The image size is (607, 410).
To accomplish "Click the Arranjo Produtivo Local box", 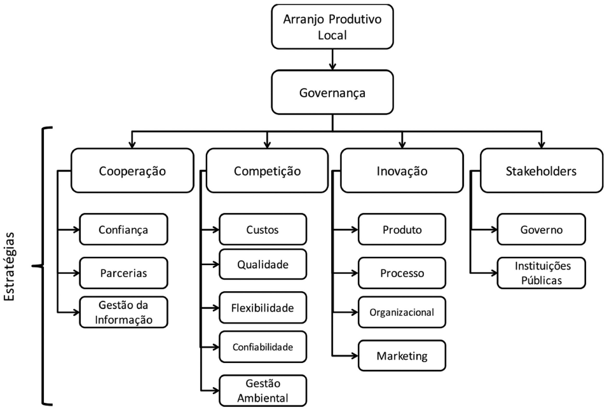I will [x=332, y=27].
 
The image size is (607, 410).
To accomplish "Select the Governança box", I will [x=332, y=93].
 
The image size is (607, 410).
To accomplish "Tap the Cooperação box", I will [x=132, y=170].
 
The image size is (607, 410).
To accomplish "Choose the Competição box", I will [x=268, y=170].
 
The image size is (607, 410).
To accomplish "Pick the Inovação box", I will [x=402, y=170].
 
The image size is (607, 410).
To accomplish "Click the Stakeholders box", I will [x=541, y=170].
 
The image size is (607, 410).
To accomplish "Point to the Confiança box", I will [x=123, y=229].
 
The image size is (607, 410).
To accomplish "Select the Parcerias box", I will [x=123, y=273].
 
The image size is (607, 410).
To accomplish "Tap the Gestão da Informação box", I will [x=123, y=311].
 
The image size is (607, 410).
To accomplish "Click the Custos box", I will [x=263, y=229].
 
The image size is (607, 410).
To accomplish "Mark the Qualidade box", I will [x=263, y=264].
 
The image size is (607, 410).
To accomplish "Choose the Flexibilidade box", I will [x=263, y=308].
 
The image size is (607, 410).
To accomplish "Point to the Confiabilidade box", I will [x=263, y=347].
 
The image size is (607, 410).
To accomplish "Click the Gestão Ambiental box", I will [x=263, y=390].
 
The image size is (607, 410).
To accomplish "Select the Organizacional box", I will [x=402, y=312].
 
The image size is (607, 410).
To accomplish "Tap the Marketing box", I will [x=402, y=355].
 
